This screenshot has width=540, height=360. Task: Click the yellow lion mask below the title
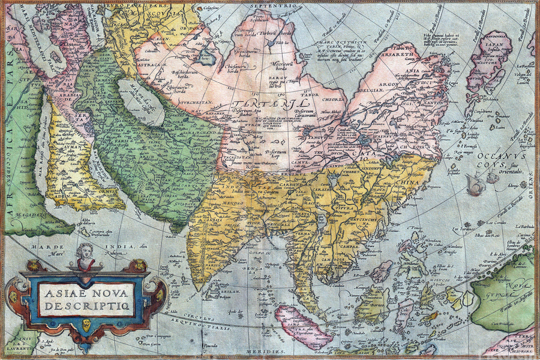[86, 325]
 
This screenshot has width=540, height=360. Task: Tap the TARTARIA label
[264, 106]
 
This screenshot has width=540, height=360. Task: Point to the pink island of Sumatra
[304, 327]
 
